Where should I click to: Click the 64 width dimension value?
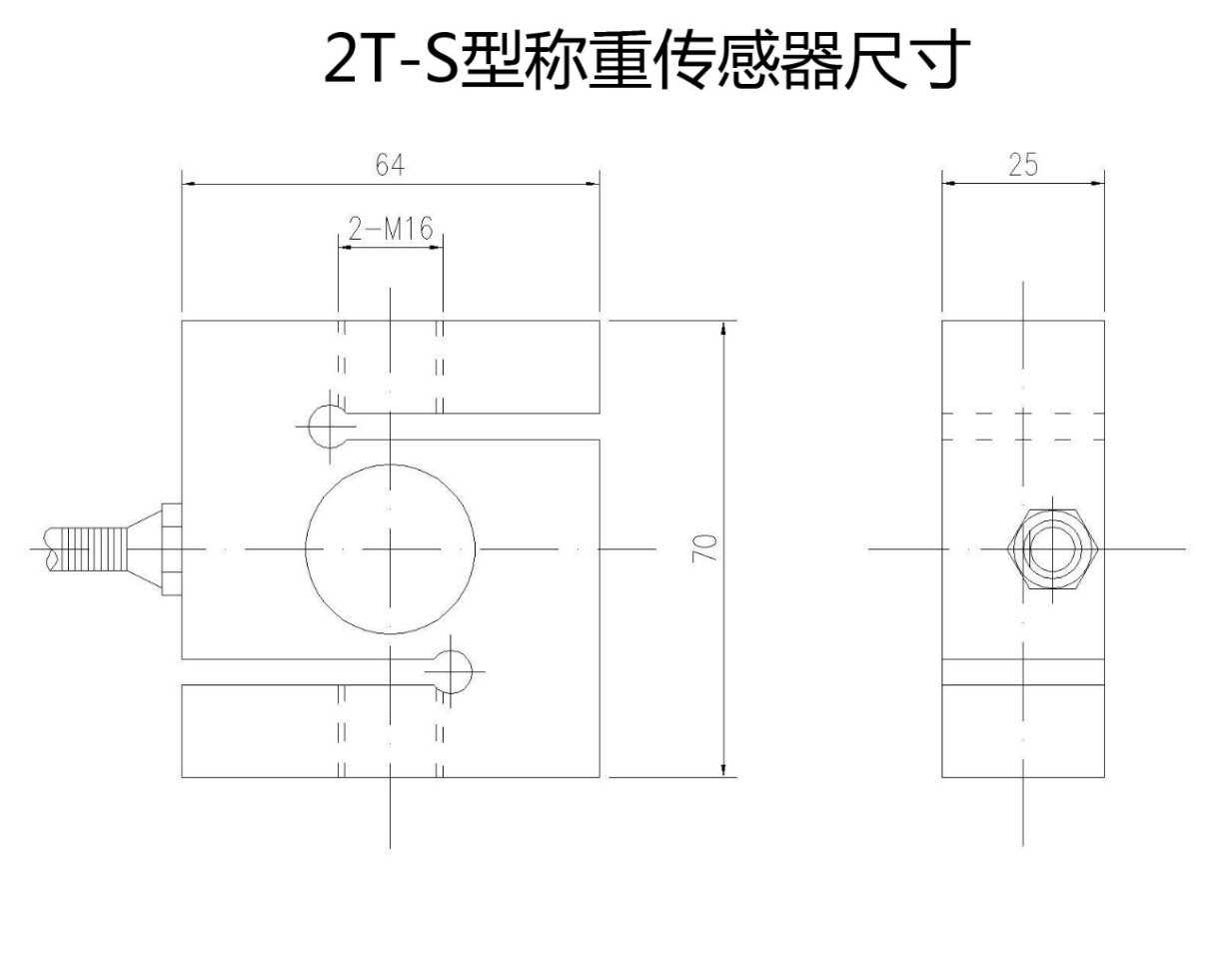391,165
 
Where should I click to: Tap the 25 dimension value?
1023,165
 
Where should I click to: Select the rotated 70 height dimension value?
704,548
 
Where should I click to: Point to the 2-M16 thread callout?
391,229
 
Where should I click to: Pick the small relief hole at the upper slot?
310,427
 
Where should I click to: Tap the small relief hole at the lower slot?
471,672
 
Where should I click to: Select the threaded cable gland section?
94,549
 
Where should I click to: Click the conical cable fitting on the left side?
145,549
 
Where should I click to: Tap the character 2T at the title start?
357,59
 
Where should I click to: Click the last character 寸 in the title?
931,59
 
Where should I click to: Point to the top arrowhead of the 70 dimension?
722,328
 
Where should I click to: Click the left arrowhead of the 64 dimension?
189,184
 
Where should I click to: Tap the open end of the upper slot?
600,427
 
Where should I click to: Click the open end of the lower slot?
182,672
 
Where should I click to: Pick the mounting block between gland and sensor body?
172,549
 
